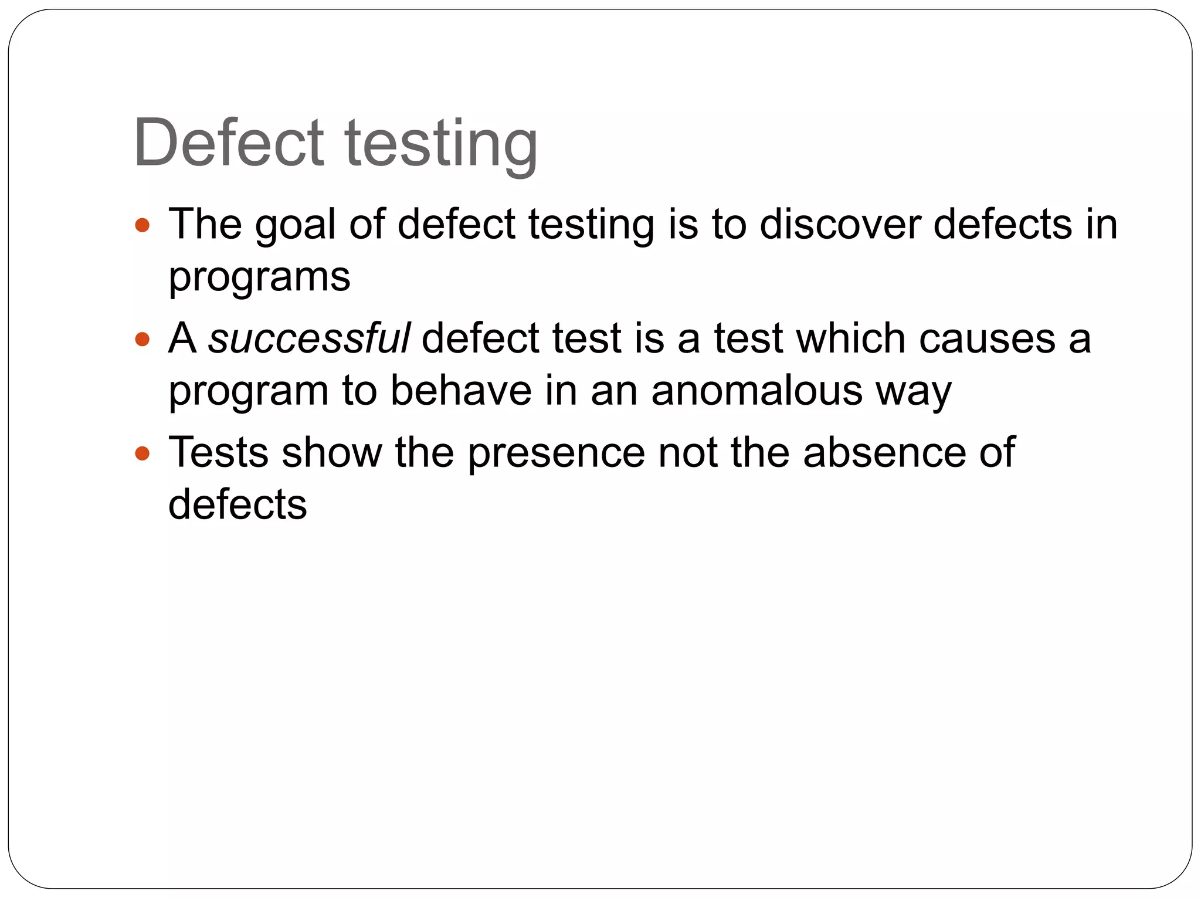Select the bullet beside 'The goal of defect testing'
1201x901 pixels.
[x=143, y=225]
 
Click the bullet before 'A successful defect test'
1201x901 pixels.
[x=143, y=339]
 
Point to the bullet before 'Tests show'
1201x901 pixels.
[x=143, y=453]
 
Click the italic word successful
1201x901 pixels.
[x=309, y=338]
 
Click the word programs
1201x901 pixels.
[x=259, y=277]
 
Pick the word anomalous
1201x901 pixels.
[x=756, y=391]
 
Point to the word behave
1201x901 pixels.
[x=461, y=391]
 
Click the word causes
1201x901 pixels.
[x=988, y=338]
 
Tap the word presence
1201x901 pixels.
[x=556, y=453]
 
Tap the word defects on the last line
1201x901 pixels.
[x=238, y=504]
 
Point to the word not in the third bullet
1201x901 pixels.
[x=687, y=453]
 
